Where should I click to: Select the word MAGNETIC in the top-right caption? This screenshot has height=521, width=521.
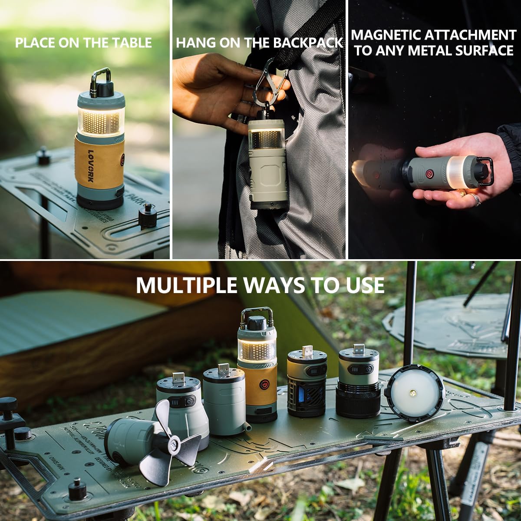[x=386, y=35]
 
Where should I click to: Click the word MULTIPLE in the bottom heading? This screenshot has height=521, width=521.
[x=186, y=285]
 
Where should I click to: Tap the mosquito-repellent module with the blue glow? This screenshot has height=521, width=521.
[x=307, y=391]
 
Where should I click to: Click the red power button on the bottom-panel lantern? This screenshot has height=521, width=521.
[x=263, y=385]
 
